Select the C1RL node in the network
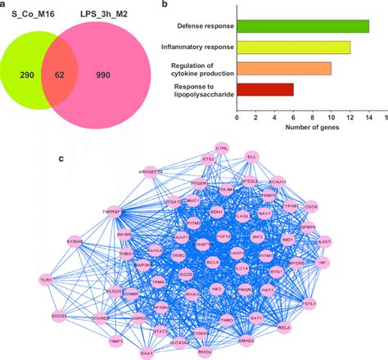click(x=221, y=149)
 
